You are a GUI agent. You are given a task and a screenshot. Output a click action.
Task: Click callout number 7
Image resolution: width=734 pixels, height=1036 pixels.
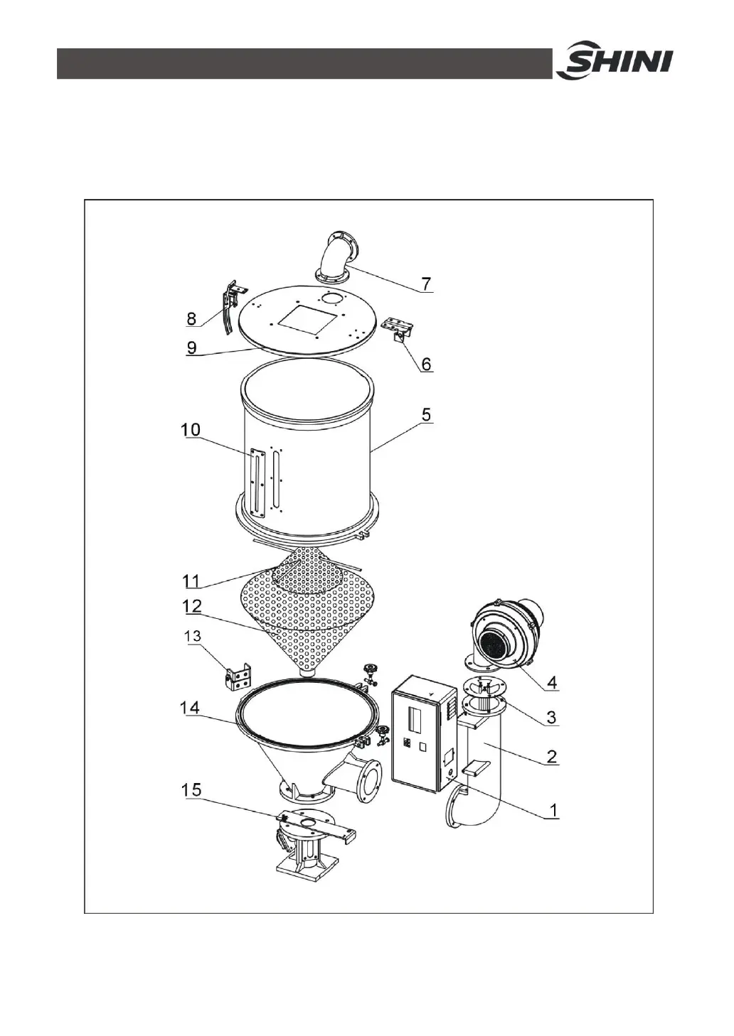pyautogui.click(x=425, y=284)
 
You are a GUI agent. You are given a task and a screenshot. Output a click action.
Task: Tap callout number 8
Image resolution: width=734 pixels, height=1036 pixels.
pyautogui.click(x=191, y=319)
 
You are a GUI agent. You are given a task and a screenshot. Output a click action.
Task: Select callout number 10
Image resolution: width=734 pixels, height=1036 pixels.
pyautogui.click(x=191, y=430)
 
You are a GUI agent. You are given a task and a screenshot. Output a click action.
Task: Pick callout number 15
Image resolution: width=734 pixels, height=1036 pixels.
pyautogui.click(x=191, y=789)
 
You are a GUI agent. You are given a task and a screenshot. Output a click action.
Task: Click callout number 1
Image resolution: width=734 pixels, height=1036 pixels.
pyautogui.click(x=551, y=809)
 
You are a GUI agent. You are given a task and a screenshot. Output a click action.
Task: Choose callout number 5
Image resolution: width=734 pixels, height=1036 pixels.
pyautogui.click(x=425, y=414)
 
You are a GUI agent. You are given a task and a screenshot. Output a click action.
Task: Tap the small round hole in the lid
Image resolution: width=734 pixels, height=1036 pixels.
pyautogui.click(x=331, y=297)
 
